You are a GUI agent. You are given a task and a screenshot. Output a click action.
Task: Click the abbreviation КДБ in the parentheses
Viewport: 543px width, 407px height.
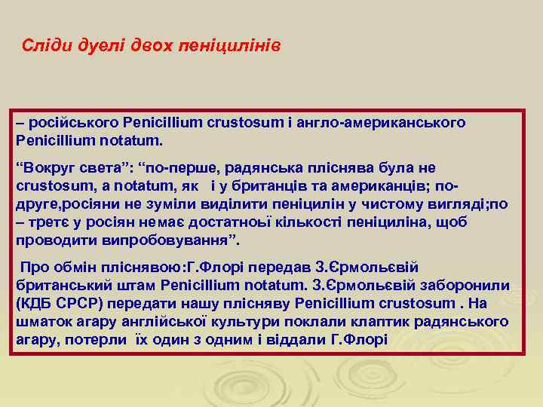37,304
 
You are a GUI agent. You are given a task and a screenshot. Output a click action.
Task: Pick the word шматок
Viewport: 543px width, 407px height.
41,322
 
